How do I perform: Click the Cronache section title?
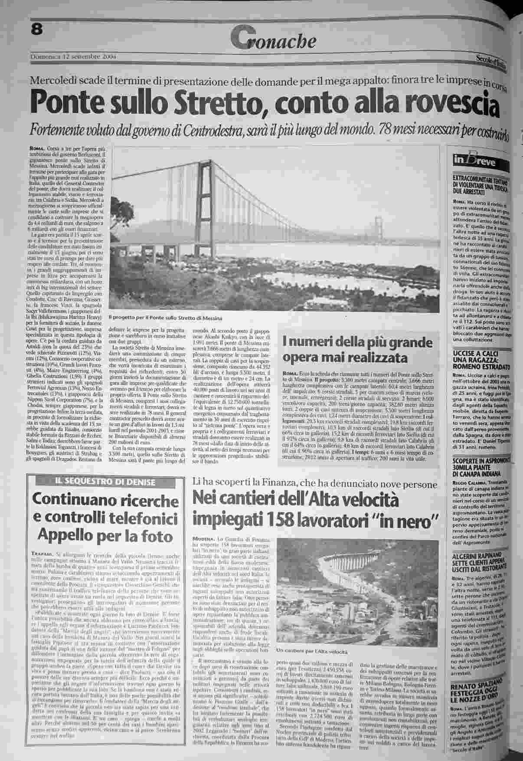click(274, 40)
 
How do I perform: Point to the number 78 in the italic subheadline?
click(386, 129)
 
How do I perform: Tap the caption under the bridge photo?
click(165, 318)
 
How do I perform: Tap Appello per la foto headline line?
click(105, 536)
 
